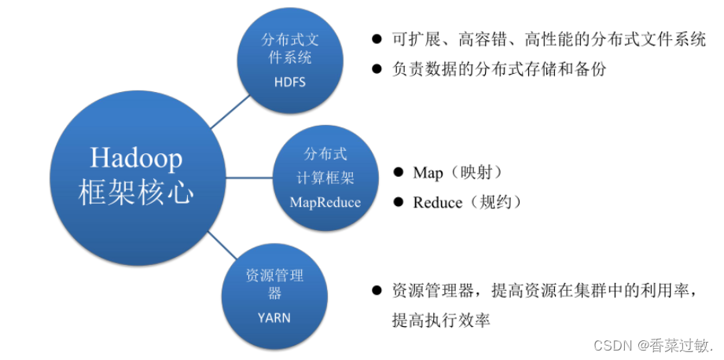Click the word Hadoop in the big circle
pos(135,158)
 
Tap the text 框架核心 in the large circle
pos(135,193)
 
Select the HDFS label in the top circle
pos(289,82)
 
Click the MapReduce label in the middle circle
pos(325,203)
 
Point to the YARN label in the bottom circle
pos(274,318)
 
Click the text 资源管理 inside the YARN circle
pos(274,275)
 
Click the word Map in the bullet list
pos(428,172)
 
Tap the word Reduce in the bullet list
pos(438,203)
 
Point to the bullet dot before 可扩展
pos(377,39)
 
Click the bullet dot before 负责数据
pos(377,69)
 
